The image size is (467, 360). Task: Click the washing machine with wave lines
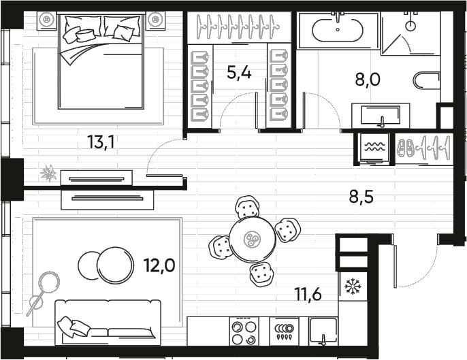(x=373, y=148)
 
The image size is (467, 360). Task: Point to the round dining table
(x=251, y=239)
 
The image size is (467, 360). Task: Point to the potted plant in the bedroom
(x=48, y=174)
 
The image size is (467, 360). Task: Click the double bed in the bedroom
(x=101, y=61)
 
